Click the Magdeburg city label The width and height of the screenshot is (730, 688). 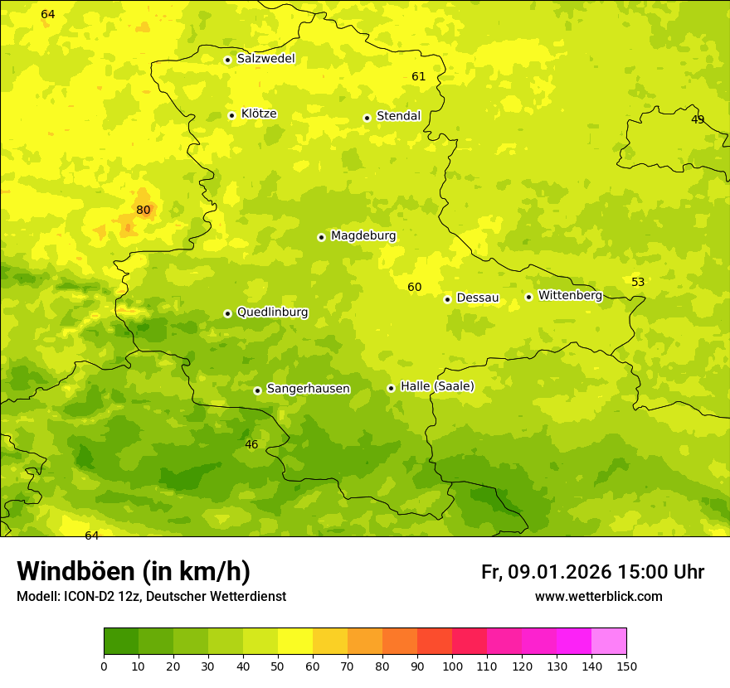point(363,236)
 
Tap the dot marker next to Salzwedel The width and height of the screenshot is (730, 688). point(227,60)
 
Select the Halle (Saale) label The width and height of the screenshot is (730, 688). point(437,386)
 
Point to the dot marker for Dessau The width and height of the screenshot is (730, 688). point(447,299)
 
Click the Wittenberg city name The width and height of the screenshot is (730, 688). point(570,296)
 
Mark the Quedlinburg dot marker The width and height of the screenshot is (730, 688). point(227,313)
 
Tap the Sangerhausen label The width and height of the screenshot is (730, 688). point(308,389)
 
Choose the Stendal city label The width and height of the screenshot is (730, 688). point(398,116)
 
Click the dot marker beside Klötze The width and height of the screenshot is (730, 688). point(231,115)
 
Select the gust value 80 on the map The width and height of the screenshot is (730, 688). point(144,211)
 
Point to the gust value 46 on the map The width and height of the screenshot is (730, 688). point(251,445)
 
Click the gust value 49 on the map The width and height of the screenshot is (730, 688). point(698,120)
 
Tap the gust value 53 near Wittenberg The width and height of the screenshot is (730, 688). point(638,283)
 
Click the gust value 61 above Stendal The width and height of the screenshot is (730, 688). point(419,77)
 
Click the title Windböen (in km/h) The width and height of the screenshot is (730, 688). point(134,572)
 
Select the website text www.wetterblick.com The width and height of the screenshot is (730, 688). point(598,597)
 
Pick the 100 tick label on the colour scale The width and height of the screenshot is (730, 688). point(452,666)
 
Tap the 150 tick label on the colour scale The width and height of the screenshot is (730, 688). point(626,666)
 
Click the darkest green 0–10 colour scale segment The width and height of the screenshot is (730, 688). point(121,642)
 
